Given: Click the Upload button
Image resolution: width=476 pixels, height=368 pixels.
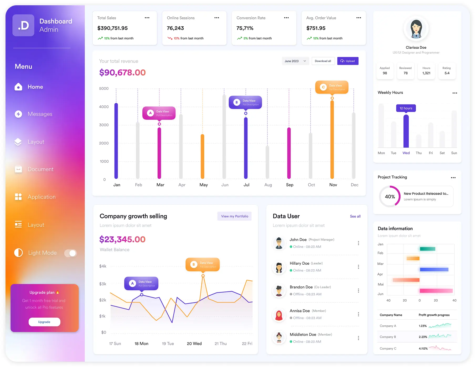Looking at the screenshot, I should pyautogui.click(x=348, y=61).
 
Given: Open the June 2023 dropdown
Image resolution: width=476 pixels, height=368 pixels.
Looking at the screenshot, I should pyautogui.click(x=295, y=61).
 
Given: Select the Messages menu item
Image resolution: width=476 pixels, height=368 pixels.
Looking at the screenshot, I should pyautogui.click(x=40, y=114).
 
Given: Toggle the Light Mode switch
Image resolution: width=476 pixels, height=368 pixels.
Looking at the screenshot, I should pyautogui.click(x=71, y=253).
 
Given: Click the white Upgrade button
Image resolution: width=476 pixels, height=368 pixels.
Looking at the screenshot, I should pyautogui.click(x=44, y=322).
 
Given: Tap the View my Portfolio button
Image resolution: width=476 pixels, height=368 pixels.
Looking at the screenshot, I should pyautogui.click(x=234, y=216).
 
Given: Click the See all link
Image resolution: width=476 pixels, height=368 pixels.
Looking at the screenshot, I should pyautogui.click(x=355, y=216).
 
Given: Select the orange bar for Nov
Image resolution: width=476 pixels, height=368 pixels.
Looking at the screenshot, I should pyautogui.click(x=332, y=139).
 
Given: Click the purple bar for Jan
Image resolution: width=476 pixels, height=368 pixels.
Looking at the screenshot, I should pyautogui.click(x=116, y=141).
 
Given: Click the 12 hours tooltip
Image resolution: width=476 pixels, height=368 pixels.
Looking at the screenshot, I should pyautogui.click(x=406, y=108).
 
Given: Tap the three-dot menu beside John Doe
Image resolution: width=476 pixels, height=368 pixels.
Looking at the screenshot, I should pyautogui.click(x=358, y=243).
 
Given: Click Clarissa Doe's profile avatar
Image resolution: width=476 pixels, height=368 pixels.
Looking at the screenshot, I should pyautogui.click(x=416, y=29).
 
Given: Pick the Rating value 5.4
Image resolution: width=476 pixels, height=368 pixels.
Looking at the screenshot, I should pyautogui.click(x=447, y=73).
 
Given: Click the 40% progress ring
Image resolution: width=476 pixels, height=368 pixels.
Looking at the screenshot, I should pyautogui.click(x=390, y=196).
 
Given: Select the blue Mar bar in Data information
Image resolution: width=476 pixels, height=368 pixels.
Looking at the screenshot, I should pyautogui.click(x=434, y=269).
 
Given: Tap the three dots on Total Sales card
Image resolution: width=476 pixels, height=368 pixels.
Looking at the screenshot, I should pyautogui.click(x=147, y=18).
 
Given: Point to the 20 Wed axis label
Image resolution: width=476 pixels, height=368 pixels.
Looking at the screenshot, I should pyautogui.click(x=194, y=344).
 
